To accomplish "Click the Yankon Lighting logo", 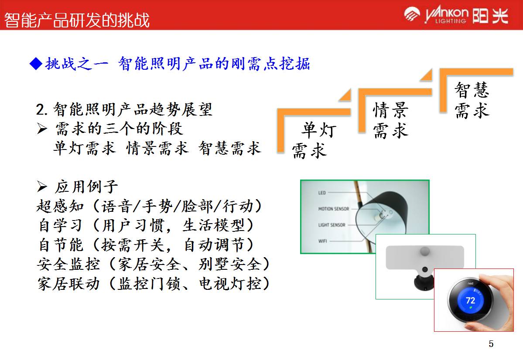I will [456, 15].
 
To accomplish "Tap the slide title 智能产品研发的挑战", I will [77, 20].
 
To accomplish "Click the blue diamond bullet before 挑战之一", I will [36, 64].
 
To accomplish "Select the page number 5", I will [491, 344].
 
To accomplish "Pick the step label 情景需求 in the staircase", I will [390, 120].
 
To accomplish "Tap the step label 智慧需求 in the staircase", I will [472, 100].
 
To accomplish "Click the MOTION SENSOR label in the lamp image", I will [333, 209].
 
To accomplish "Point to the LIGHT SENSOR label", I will [332, 225].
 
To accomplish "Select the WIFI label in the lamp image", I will [322, 241].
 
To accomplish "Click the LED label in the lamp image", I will [322, 193].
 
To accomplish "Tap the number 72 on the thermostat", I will [470, 301].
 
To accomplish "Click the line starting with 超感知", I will [150, 206].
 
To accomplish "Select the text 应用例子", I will [86, 187].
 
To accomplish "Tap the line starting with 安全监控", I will [154, 264].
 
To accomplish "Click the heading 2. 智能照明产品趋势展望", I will [124, 109].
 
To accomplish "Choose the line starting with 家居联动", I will [154, 284].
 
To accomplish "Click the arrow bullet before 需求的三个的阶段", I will [42, 129].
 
